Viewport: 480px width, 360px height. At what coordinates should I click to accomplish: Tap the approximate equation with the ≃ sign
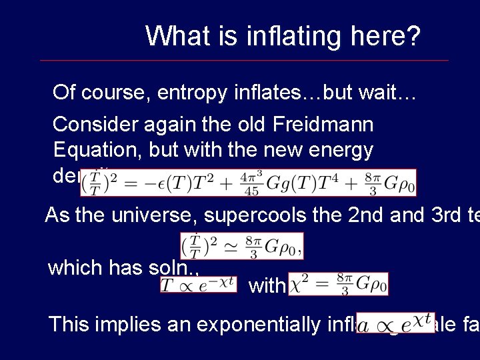pos(241,247)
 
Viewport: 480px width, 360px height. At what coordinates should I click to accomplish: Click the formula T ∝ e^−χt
pos(197,284)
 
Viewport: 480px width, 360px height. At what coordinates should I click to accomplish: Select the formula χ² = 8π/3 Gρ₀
pos(338,284)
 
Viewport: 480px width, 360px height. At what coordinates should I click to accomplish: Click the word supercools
pos(242,216)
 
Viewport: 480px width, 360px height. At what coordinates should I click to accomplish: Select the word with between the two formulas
pos(267,287)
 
